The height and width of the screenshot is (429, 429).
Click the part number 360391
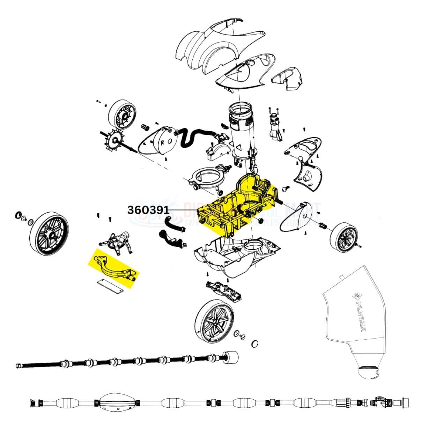148,210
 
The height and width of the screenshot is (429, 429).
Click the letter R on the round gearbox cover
163,142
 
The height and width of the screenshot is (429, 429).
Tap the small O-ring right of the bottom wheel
256,345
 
